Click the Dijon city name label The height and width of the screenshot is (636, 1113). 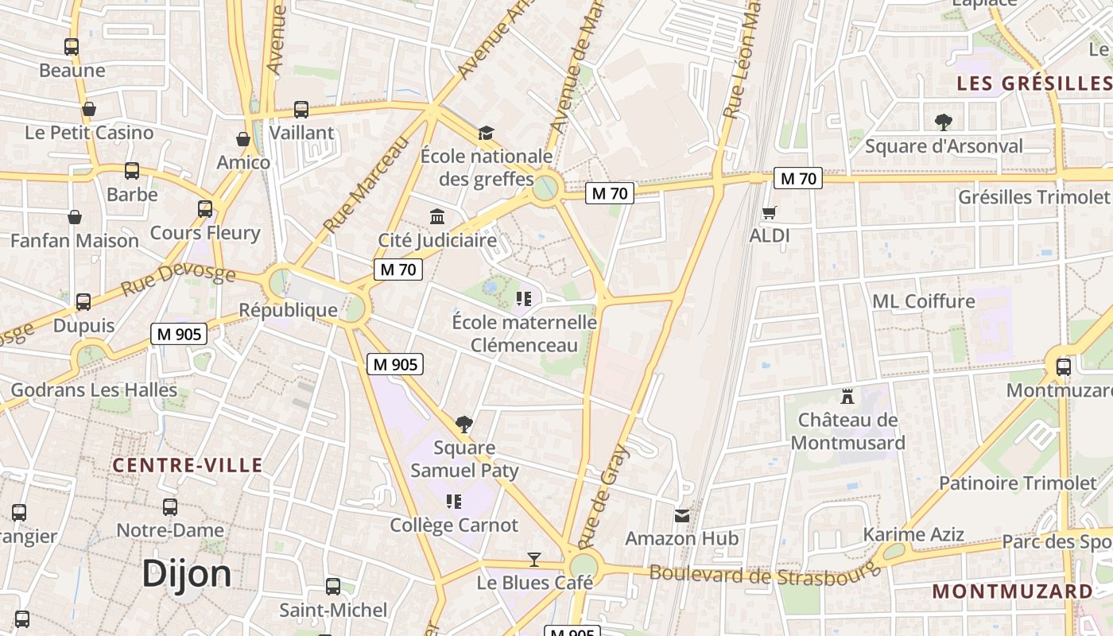187,574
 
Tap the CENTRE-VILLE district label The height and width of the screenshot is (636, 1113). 188,465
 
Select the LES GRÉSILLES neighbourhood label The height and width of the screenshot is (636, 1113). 1033,83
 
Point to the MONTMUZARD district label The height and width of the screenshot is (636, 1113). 1012,591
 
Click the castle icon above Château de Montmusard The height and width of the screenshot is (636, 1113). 847,396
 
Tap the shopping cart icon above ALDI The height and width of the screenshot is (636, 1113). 769,212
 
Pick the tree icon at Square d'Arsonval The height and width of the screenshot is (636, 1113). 943,122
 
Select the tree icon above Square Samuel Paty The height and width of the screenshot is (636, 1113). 464,424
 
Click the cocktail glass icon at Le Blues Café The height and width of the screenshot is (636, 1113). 534,560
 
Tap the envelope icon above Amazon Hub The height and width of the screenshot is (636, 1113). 682,516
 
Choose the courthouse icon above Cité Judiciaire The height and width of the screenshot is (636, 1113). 436,216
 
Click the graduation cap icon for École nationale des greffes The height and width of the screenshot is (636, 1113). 486,132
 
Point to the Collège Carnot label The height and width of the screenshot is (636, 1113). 454,525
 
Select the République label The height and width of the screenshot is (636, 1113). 288,310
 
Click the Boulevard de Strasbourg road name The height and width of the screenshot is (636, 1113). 765,573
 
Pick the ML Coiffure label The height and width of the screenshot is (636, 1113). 923,301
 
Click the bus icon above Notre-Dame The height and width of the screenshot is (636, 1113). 169,507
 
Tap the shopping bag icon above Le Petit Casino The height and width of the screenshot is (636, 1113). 89,109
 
